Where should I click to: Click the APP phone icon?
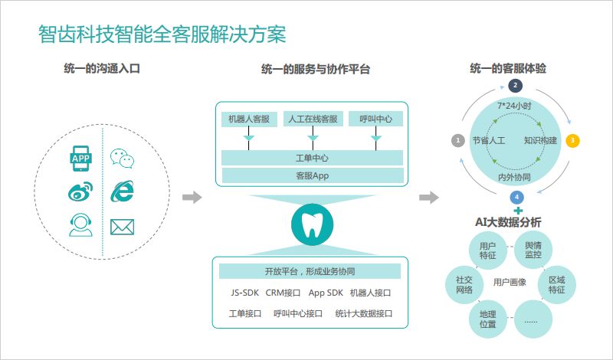coord(80,159)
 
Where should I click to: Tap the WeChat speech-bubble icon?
coord(121,159)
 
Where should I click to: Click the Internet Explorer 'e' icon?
coord(121,191)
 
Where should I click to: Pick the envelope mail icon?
coord(122,227)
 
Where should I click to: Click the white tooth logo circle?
coord(312,223)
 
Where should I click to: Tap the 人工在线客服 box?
coord(312,119)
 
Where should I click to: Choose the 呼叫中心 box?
coord(375,119)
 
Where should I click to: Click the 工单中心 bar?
coord(312,158)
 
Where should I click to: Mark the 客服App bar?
coord(312,176)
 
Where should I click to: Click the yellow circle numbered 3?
coord(572,141)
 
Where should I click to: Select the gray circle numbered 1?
coord(457,141)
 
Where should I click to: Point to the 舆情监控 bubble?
coord(533,250)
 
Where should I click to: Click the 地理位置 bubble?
coord(487,319)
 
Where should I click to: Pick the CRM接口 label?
coord(283,292)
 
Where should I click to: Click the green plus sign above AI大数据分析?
coord(518,210)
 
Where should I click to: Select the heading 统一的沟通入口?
coord(101,69)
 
